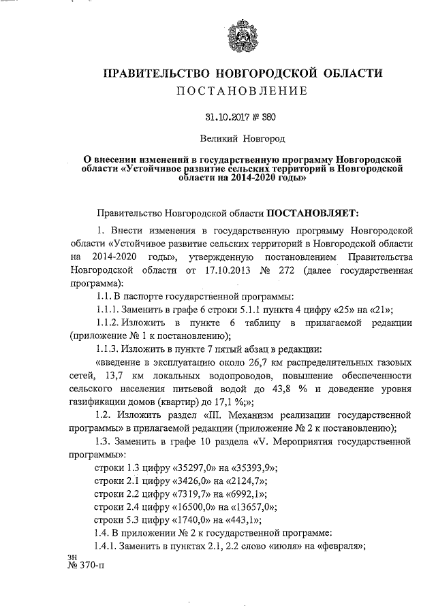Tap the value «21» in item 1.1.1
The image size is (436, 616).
(379, 308)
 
